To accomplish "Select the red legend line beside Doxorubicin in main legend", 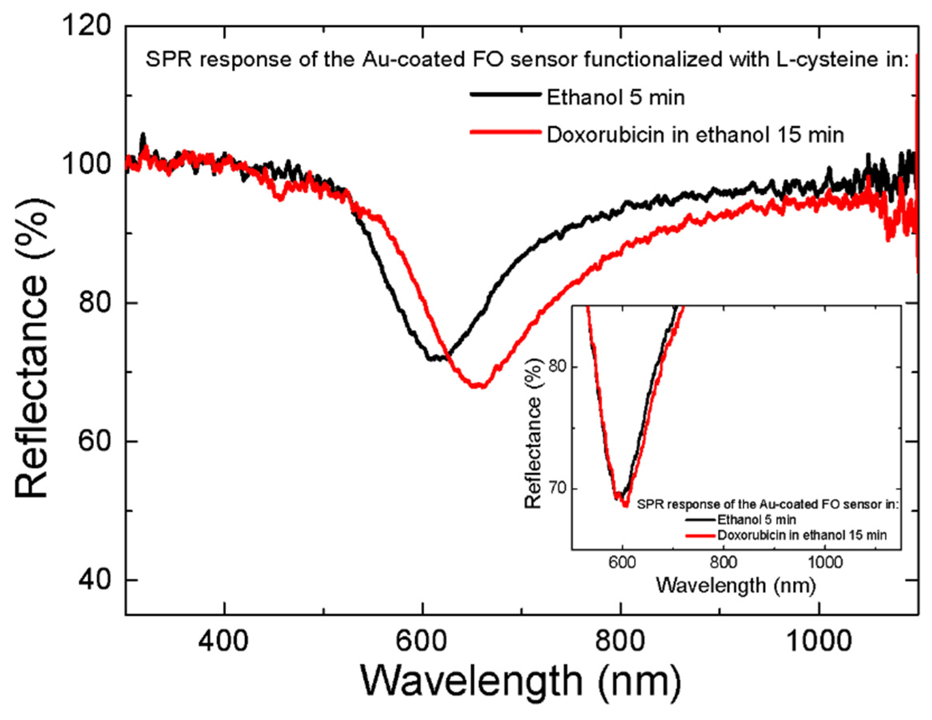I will coord(506,132).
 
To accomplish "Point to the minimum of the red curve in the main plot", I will coord(478,386).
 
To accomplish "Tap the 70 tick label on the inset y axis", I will coord(556,489).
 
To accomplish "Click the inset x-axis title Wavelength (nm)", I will coord(736,585).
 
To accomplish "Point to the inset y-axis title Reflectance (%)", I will coord(533,433).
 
